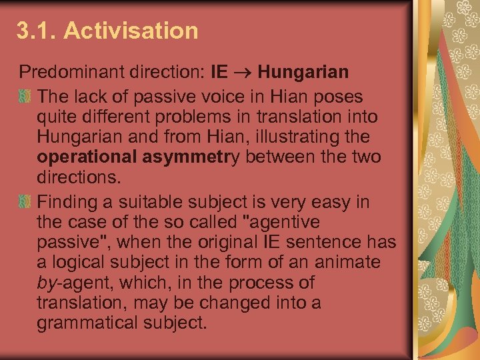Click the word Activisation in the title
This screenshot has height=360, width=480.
131,31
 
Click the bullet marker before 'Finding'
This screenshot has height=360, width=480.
25,201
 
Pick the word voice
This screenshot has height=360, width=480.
207,97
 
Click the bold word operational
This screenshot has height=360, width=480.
89,158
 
